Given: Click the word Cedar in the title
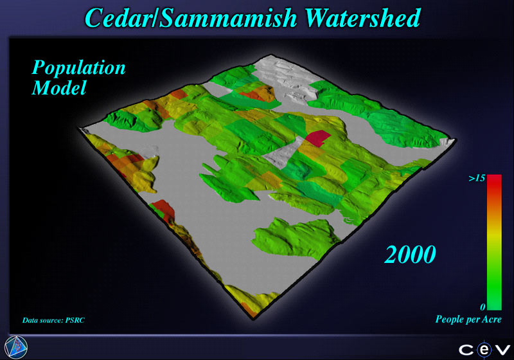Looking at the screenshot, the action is pos(118,18).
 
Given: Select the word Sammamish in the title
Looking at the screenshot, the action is pos(229,18).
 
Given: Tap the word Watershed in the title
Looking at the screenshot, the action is pos(363,18).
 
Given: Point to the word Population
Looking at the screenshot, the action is pos(78,69).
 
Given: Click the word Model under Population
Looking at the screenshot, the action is pos(59,88).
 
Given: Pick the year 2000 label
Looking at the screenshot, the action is pos(410,255).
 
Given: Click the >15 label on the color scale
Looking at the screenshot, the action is pos(477,178).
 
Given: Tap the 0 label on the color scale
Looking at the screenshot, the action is pos(483,307).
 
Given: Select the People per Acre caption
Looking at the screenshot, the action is pos(468,319).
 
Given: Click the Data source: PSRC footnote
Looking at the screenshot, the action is pos(53,320).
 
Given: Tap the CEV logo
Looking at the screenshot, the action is pos(484,350).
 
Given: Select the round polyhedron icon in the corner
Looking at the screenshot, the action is pos(16,347).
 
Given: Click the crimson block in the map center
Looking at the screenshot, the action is pos(318,138).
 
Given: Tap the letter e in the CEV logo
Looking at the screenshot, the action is pos(484,350).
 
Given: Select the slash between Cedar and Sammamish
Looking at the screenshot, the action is pos(155,18).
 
